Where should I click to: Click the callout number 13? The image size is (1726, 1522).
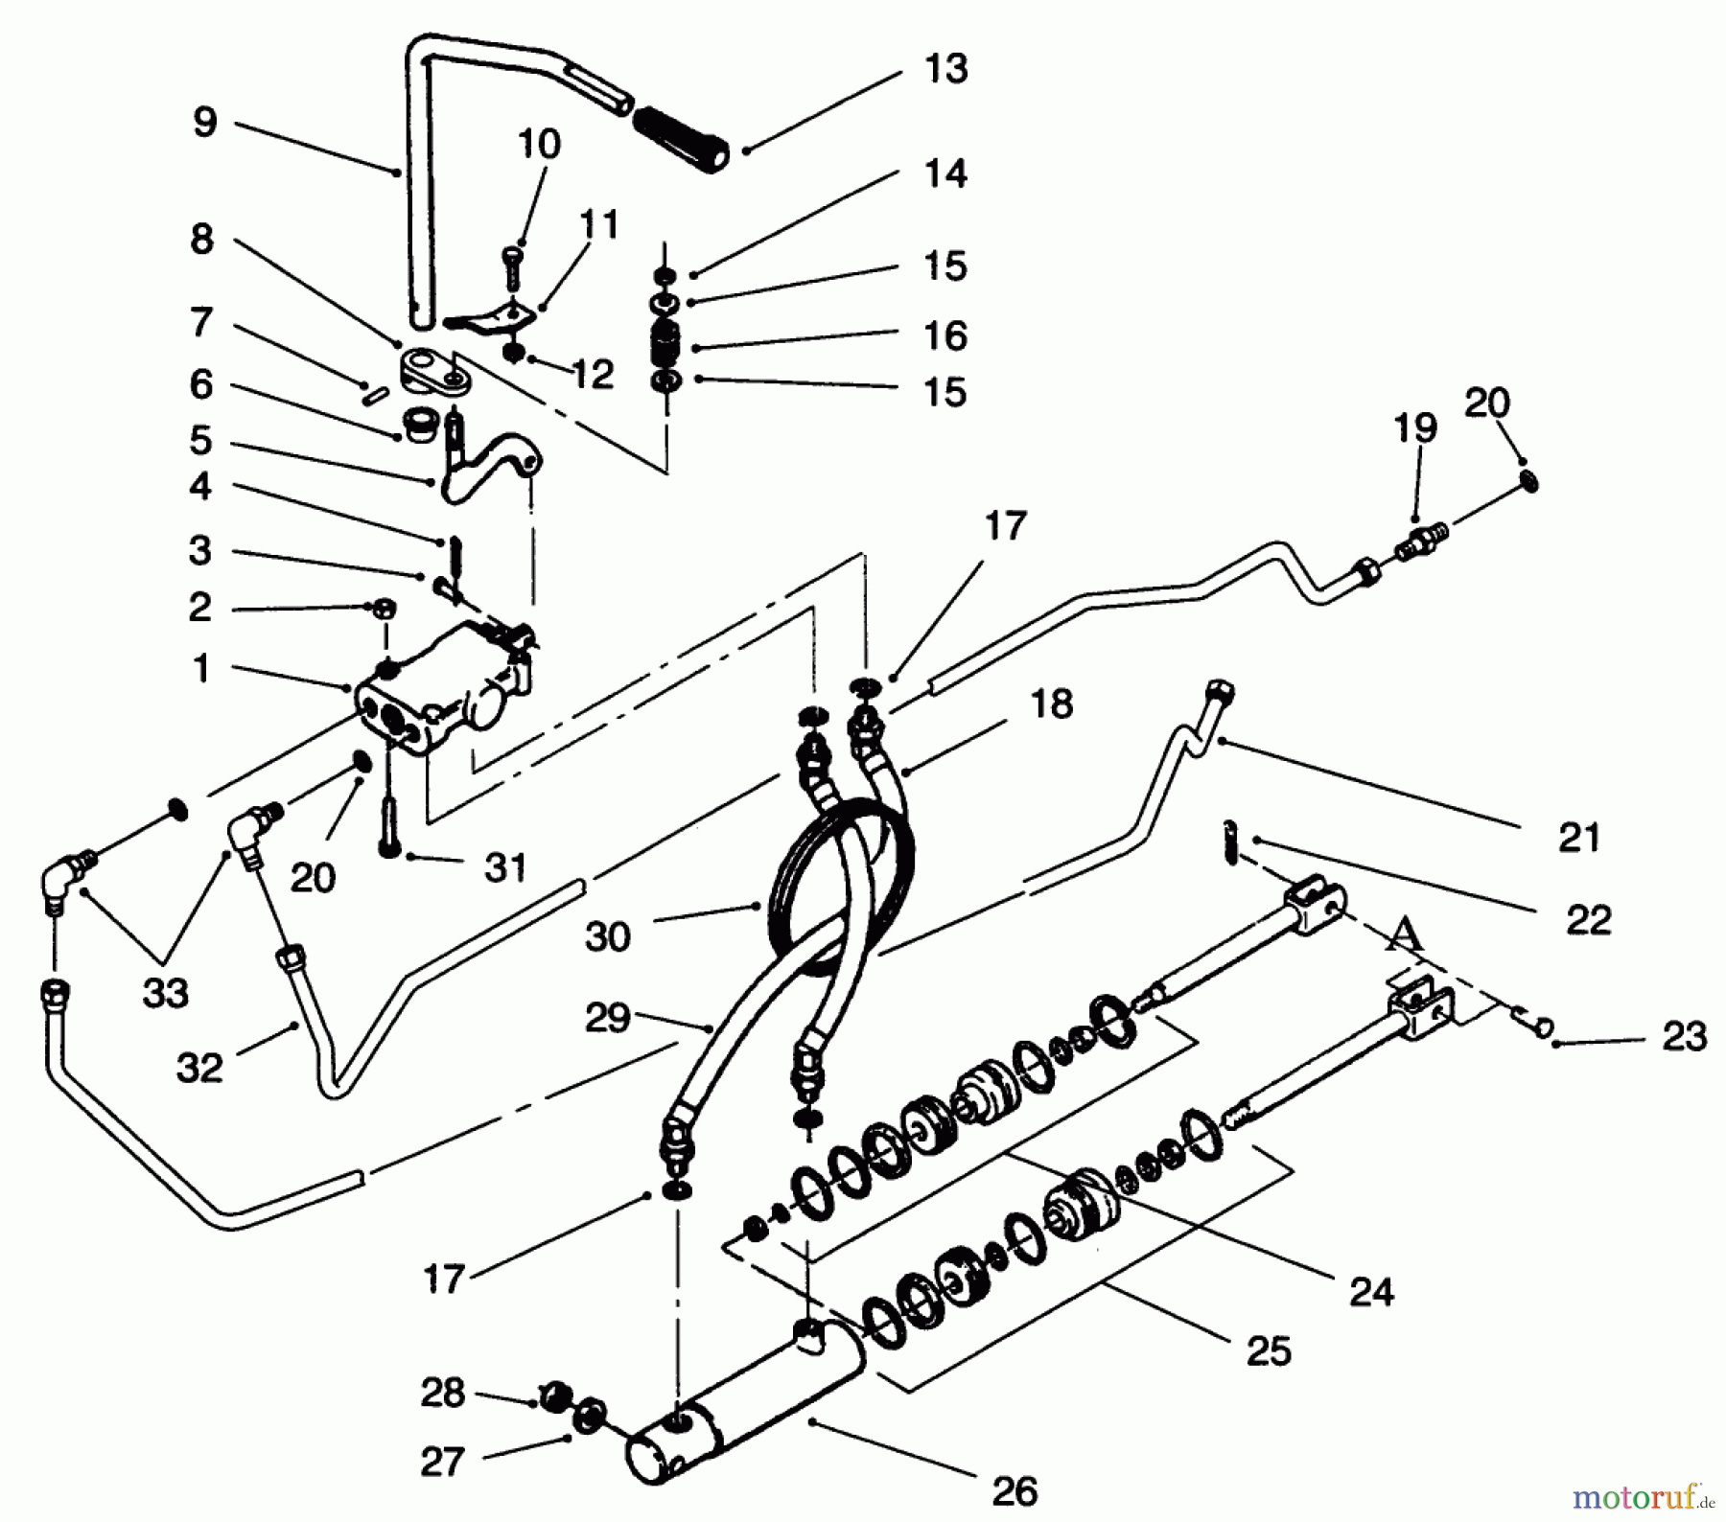coord(945,69)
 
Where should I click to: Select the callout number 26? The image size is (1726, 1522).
coord(1015,1491)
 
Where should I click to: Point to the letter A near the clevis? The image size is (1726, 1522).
coord(1405,933)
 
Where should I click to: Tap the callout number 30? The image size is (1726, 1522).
coord(608,935)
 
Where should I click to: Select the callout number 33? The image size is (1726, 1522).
coord(165,994)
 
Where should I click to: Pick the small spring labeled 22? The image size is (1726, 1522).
coord(1232,842)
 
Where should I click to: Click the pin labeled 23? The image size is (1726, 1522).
coord(1534,1025)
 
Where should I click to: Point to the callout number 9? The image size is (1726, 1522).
coord(205,122)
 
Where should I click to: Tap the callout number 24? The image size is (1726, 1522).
coord(1371,1292)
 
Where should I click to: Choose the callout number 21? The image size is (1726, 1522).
coord(1579,837)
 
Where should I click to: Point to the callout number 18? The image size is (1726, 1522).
coord(1052,703)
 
